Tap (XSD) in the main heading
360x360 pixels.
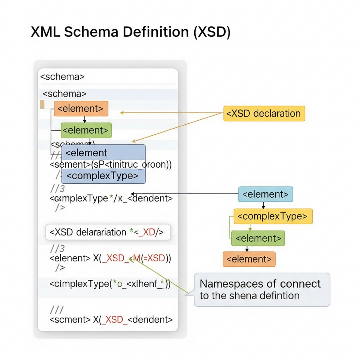(x=212, y=32)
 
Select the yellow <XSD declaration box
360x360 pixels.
(x=264, y=113)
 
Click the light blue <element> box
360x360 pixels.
(x=265, y=194)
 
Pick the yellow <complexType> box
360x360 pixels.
(x=273, y=216)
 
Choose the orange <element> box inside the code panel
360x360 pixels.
(x=81, y=108)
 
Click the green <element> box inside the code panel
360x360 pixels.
(x=86, y=130)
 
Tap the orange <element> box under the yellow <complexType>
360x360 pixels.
(x=249, y=259)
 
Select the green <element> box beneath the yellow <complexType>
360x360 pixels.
(x=258, y=238)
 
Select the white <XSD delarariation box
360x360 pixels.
(x=108, y=232)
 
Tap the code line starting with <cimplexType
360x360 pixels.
(x=110, y=284)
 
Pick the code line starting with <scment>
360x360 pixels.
(x=111, y=319)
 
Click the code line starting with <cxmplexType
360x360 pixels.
(x=111, y=198)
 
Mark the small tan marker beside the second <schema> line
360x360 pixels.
(x=42, y=104)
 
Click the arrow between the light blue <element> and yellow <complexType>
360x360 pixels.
(x=263, y=205)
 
